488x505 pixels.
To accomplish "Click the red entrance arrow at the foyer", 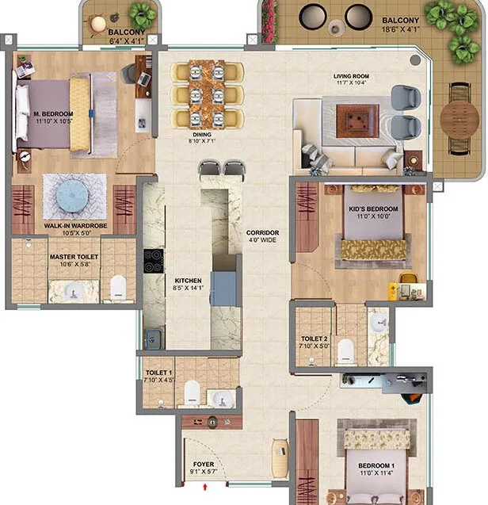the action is coord(204,487).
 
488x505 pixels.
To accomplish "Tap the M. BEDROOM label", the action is coord(53,114).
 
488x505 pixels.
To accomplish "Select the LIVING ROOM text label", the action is coord(351,76).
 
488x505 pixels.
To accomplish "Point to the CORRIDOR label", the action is coord(263,232).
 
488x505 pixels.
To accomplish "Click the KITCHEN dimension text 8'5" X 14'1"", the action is coord(188,288).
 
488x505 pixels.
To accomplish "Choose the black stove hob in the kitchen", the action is coord(154,261).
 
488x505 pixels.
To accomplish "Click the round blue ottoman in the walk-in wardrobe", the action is coord(72,196).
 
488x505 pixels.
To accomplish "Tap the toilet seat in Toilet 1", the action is coord(193,392).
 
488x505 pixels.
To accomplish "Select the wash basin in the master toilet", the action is coord(74,291).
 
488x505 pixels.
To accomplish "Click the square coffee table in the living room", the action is coord(357,121).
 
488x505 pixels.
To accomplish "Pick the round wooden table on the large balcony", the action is coord(459,118).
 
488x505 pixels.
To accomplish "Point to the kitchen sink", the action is coord(152,339).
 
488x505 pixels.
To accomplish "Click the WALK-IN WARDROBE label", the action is coord(75,226).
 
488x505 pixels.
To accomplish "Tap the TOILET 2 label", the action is coord(315,339).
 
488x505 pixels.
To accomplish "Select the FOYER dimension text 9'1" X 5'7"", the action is coord(204,472).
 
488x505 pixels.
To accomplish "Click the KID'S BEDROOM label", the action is coord(373,209).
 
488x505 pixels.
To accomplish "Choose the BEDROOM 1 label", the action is coord(376,465).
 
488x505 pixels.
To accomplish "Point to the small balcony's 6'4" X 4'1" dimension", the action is coord(127,41).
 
